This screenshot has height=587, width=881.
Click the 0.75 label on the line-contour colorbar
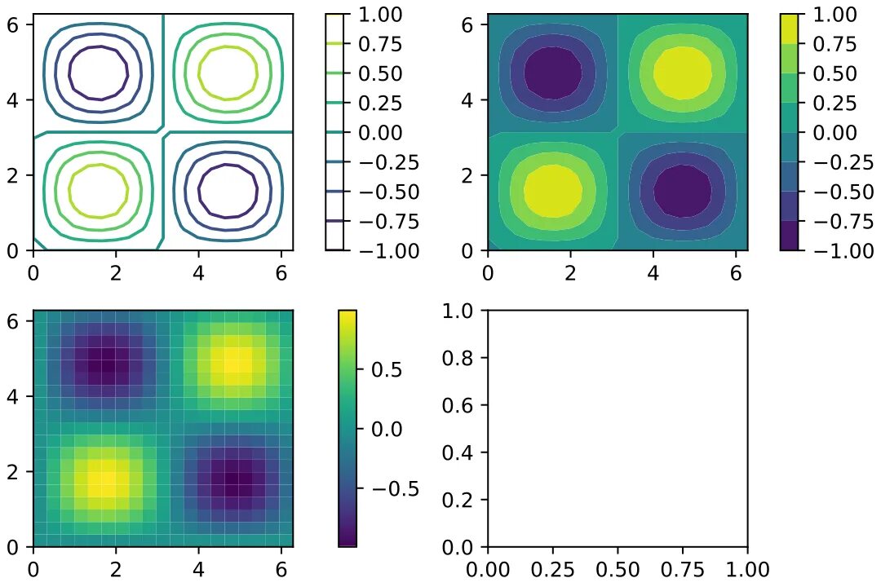tap(380, 44)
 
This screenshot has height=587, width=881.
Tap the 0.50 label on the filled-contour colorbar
tap(834, 73)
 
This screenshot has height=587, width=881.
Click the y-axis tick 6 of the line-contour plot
tap(15, 25)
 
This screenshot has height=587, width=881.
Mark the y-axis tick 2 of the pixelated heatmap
tap(15, 471)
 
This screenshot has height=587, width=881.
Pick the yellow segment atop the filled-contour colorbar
tap(791, 29)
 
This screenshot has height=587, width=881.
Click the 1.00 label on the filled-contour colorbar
tap(834, 15)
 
